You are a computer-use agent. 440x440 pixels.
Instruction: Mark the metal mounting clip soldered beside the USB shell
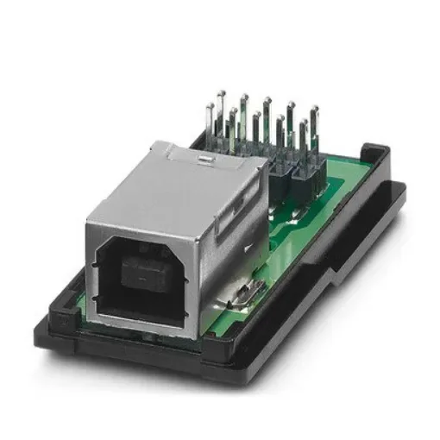pos(243,295)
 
